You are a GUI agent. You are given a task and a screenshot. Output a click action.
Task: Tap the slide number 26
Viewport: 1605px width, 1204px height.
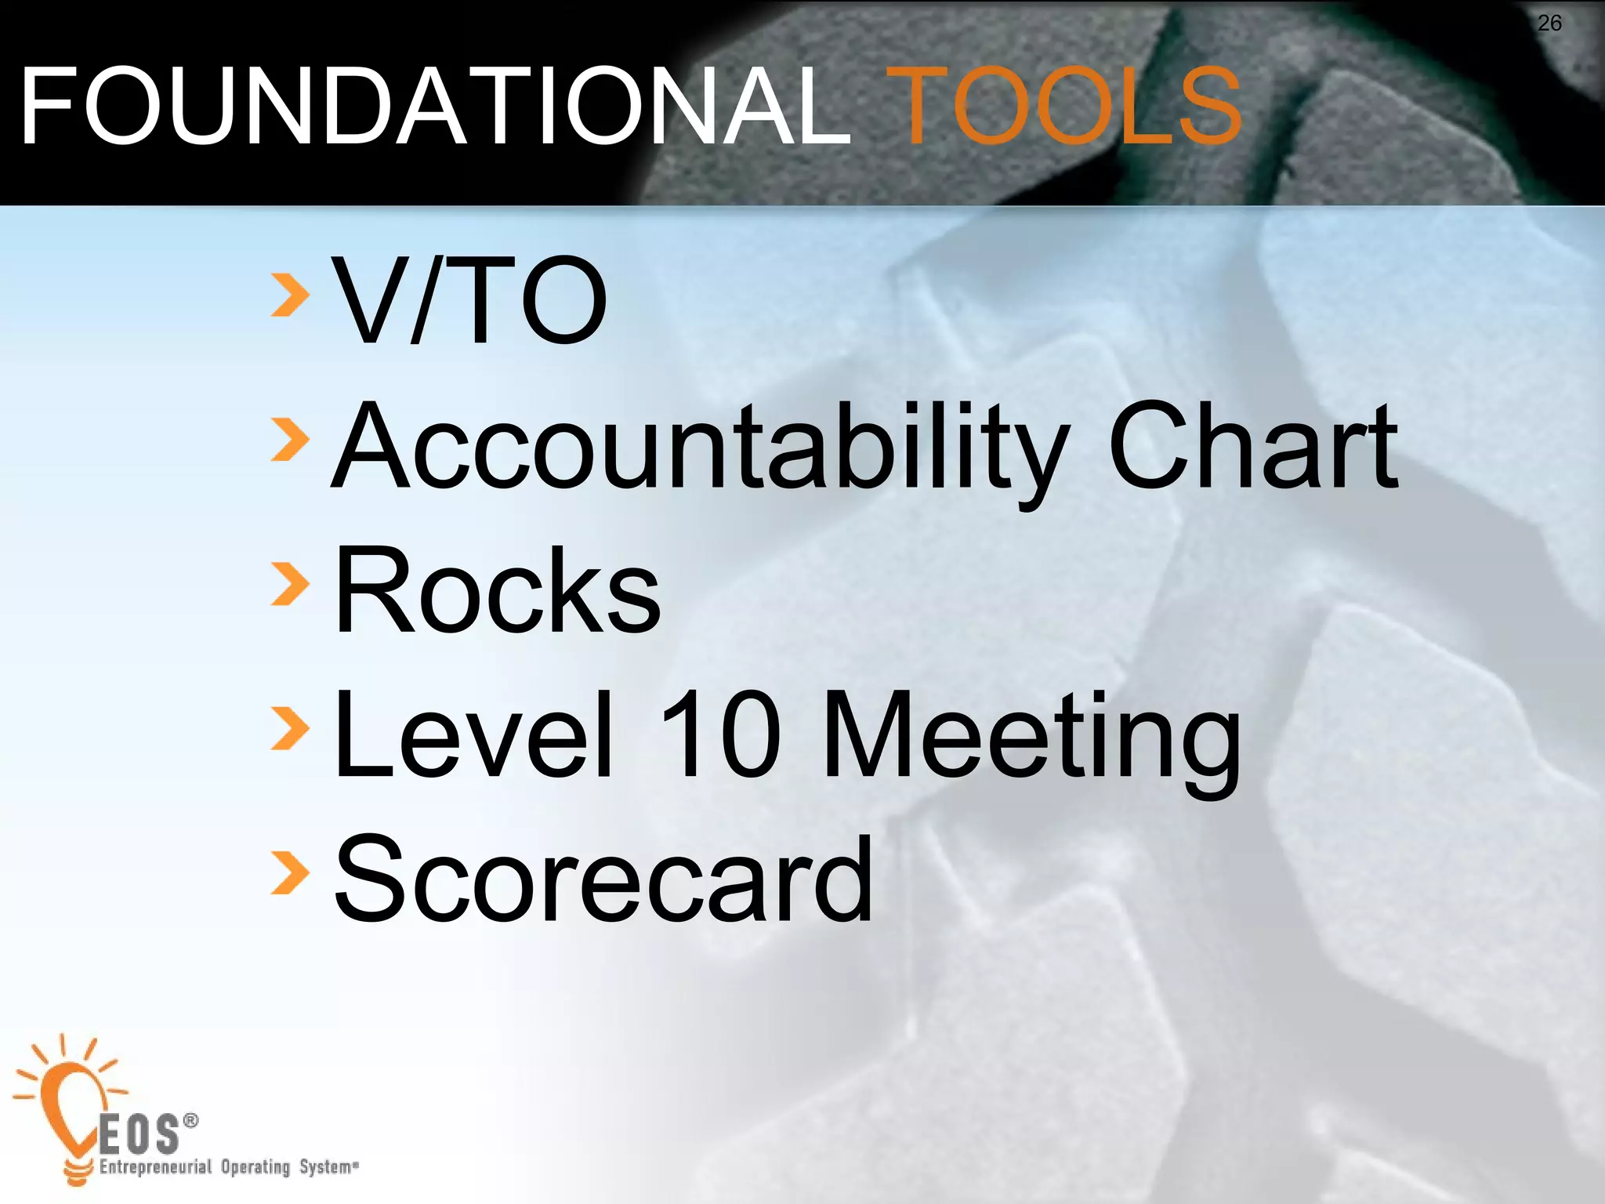point(1549,24)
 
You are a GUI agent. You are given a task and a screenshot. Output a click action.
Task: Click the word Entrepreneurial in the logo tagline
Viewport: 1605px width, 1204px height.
point(155,1167)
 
